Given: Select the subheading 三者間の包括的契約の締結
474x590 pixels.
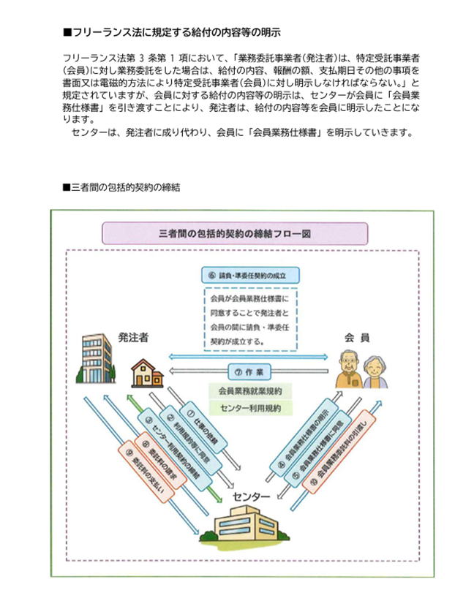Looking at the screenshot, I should (125, 187).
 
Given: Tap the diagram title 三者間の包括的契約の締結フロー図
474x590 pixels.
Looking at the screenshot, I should (236, 234).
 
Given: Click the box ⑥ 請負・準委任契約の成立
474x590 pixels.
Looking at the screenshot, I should (250, 277).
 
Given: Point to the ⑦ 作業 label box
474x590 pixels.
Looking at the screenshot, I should (249, 370).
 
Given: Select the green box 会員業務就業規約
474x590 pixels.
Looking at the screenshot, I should (250, 390).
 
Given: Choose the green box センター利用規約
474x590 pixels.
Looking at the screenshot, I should (250, 407).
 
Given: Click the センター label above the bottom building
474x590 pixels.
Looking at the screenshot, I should (251, 497).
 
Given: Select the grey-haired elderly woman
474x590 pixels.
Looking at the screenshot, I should (375, 373).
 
